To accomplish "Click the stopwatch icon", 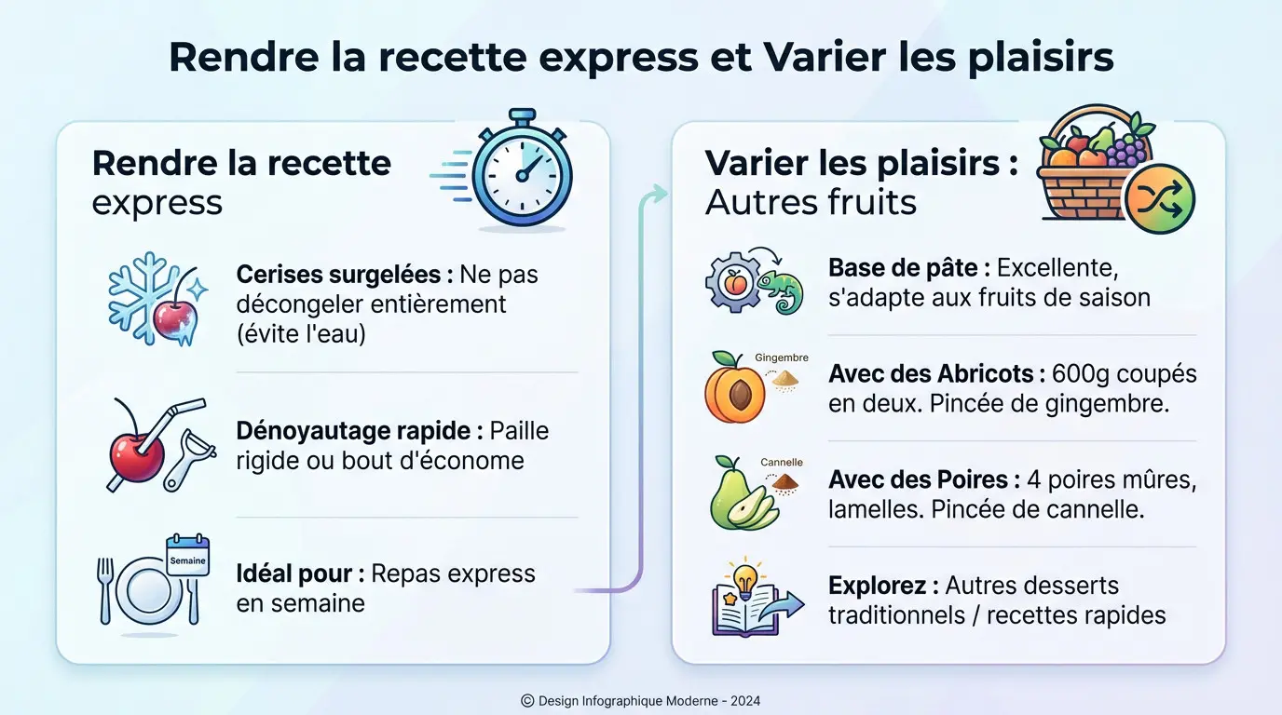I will [522, 170].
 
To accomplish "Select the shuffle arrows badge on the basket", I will [1159, 198].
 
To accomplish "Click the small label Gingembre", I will [782, 357].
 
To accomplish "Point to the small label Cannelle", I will [782, 462].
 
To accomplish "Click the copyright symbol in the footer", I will [527, 700].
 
